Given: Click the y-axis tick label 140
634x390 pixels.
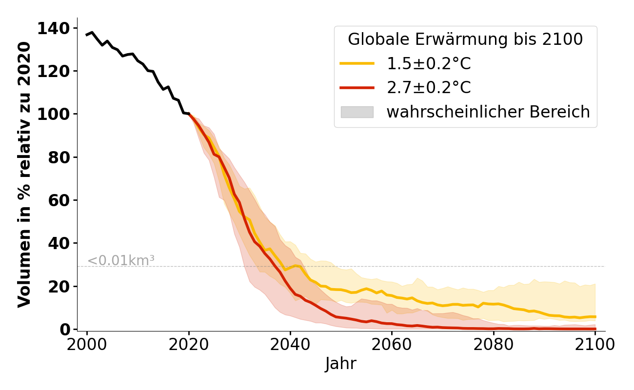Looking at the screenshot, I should click(x=55, y=29).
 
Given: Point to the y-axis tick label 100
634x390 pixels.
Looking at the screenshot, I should click(x=55, y=115).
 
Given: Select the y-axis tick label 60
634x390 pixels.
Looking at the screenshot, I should click(x=59, y=200).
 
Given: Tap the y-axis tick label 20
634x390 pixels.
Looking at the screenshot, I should click(x=59, y=286).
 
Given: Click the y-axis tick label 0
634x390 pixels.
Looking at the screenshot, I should click(x=65, y=329).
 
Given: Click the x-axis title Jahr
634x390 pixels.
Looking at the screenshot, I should click(x=341, y=364).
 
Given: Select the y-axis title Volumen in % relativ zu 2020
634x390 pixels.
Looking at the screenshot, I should click(x=25, y=175).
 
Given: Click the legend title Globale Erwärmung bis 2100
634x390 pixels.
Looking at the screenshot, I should click(x=465, y=39).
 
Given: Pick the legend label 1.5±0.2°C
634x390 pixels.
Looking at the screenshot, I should click(x=429, y=64).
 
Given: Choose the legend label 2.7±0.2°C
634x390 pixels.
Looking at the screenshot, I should click(x=429, y=88).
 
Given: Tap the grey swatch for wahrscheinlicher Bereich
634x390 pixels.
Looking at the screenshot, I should click(x=357, y=112).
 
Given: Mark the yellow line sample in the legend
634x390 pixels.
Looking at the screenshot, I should click(x=357, y=63).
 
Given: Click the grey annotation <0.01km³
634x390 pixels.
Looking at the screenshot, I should click(x=121, y=261).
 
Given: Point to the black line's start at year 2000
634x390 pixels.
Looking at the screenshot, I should click(x=87, y=35).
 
